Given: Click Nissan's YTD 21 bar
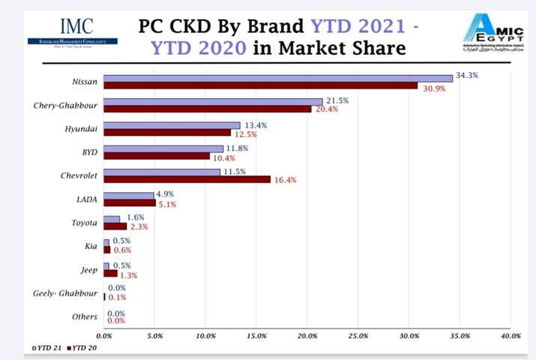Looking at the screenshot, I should coord(277,78).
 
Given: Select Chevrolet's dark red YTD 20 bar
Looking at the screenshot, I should coord(187,179).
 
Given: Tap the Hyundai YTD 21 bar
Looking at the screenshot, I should coord(172,125).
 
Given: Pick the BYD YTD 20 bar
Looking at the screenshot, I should coord(156,156).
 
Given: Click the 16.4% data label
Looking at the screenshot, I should coord(284,180).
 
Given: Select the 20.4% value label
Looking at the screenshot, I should coord(325,109).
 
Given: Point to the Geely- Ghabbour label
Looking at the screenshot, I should coord(64,293).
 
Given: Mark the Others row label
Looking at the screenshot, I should coord(84,316).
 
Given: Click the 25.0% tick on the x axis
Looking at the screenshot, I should coord(358,334).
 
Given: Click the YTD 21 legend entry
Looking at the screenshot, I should coord(47,347).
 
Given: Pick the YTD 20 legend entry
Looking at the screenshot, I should coord(82,347).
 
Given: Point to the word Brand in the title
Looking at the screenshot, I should coord(274,25).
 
